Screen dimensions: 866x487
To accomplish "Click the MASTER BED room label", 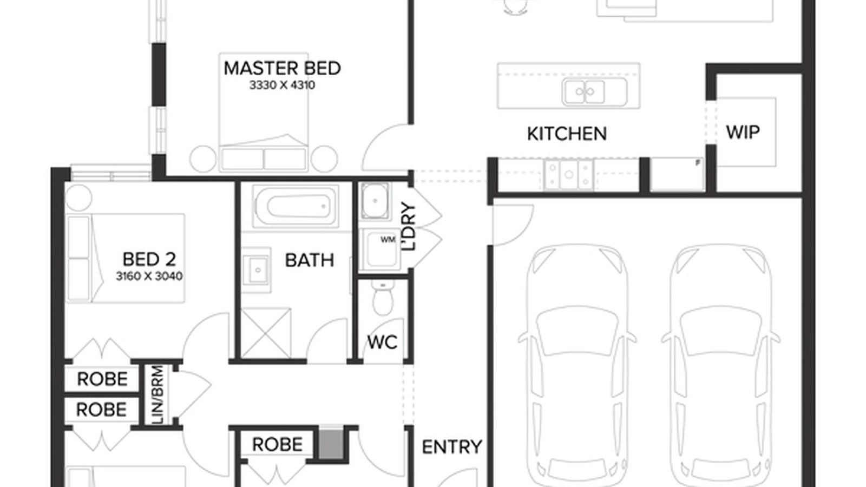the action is point(282,68).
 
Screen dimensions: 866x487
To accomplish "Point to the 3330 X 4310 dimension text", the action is point(282,85).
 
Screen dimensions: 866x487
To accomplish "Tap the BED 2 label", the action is point(149,259).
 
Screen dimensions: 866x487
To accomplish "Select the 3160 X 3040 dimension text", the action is point(149,276).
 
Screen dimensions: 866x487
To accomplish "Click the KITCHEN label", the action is point(567,134).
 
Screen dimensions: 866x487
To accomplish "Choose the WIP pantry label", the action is point(743,132).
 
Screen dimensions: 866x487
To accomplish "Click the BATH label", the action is point(309,260).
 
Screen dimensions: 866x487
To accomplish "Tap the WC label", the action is point(382,342).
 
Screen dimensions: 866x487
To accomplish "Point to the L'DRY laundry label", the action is point(409,227).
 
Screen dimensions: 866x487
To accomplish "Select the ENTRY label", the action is point(452,447).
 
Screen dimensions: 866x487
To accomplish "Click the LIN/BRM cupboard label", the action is point(159,394).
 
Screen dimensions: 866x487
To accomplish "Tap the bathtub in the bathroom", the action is point(296,206).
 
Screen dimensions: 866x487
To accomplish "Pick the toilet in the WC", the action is point(383,297).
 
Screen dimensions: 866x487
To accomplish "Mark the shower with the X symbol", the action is point(266,333).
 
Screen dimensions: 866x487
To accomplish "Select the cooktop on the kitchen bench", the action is point(568,175).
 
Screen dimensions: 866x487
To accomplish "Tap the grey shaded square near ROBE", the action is point(331,444).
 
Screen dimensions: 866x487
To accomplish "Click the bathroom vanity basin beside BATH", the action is point(257,269).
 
